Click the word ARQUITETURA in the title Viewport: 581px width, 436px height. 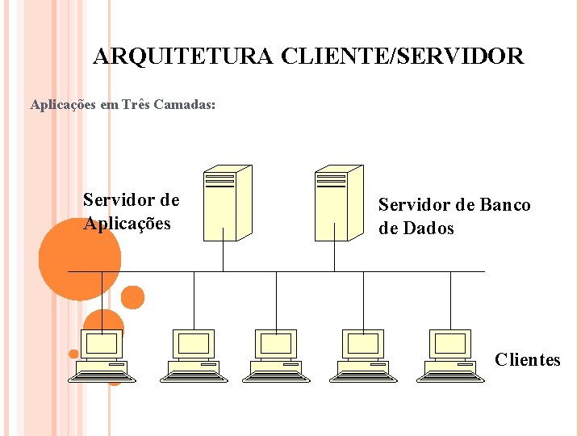(x=184, y=57)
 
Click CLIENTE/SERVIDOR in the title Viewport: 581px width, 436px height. (x=403, y=57)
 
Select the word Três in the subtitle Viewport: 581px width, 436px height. (x=133, y=104)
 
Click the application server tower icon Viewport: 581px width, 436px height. (x=226, y=203)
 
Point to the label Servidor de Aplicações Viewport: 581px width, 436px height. (x=131, y=212)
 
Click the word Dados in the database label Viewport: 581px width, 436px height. (x=428, y=228)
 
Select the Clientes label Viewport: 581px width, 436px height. (x=527, y=359)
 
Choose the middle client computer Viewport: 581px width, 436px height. (x=277, y=355)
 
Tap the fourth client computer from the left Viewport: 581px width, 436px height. (x=363, y=355)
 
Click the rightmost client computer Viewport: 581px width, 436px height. (x=449, y=355)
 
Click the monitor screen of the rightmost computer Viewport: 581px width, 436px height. (x=449, y=344)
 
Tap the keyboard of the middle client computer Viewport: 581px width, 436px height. (x=276, y=372)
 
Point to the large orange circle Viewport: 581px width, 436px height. (x=79, y=258)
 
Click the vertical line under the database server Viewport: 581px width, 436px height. (x=334, y=256)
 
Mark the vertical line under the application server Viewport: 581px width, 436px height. (x=223, y=256)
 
